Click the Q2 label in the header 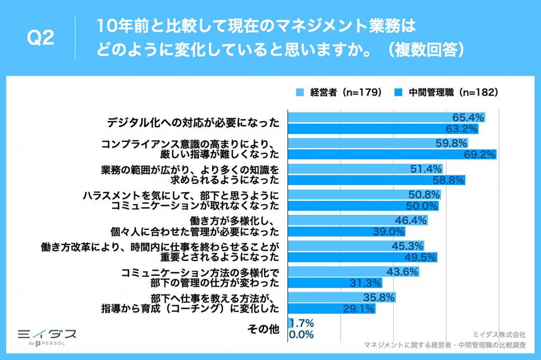(x=41, y=38)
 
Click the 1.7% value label (x=302, y=323)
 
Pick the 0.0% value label (x=302, y=335)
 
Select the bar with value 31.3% (x=335, y=283)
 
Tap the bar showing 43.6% (x=353, y=272)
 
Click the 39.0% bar (x=346, y=232)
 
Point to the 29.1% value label (x=359, y=309)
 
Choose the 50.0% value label (x=422, y=206)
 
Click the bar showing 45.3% (x=356, y=246)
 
